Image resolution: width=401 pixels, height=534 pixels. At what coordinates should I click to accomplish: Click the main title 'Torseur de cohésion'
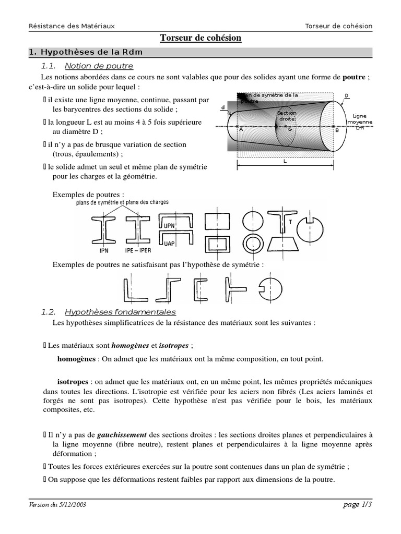(200, 39)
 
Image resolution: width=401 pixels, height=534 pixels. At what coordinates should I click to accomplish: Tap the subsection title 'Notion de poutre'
(99, 66)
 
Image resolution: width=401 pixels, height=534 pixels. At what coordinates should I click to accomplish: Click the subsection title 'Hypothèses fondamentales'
(120, 312)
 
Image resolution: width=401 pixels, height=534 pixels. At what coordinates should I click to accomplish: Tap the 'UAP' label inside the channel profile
(169, 244)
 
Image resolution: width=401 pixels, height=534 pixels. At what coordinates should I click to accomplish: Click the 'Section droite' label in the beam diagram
(286, 115)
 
